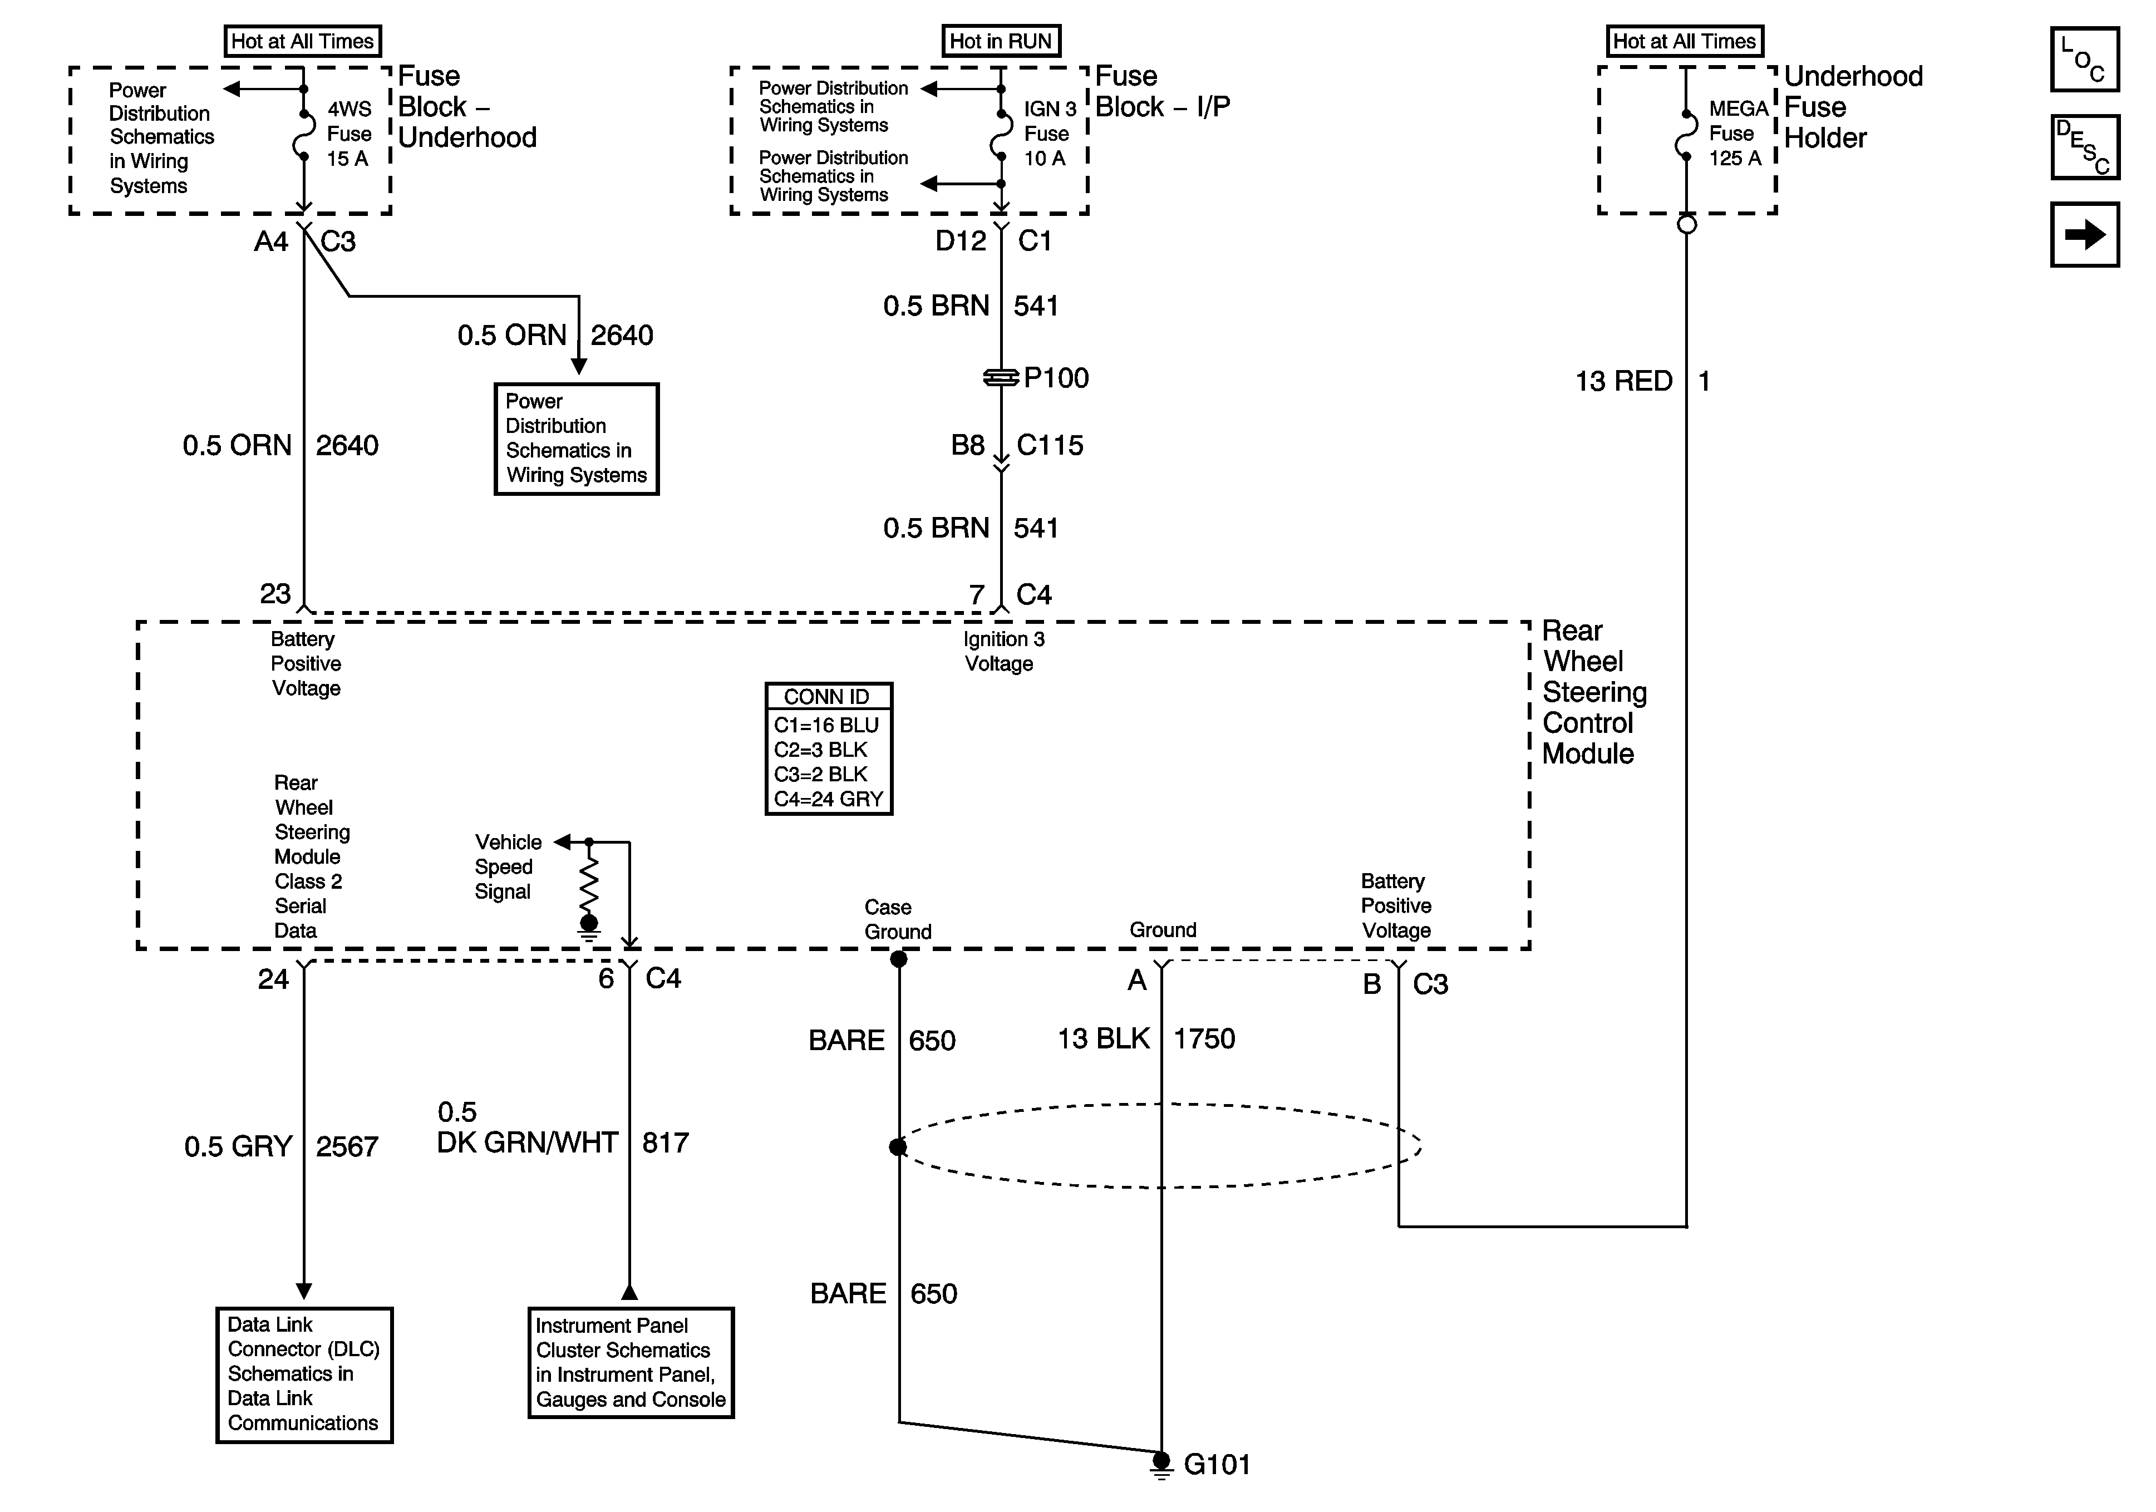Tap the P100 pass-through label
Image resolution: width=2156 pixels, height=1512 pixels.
click(1056, 377)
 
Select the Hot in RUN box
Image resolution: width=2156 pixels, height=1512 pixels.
click(1001, 41)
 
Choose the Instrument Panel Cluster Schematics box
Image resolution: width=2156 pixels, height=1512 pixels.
click(631, 1363)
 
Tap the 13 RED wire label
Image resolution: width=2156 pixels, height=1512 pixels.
click(1623, 381)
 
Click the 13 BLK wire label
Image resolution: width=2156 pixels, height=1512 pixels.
click(1104, 1038)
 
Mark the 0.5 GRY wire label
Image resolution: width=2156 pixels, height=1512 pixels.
click(239, 1147)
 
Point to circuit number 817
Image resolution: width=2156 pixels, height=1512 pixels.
click(666, 1143)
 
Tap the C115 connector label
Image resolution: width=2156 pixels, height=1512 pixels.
click(1050, 445)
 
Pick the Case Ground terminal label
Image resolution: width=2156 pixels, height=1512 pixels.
click(898, 919)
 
